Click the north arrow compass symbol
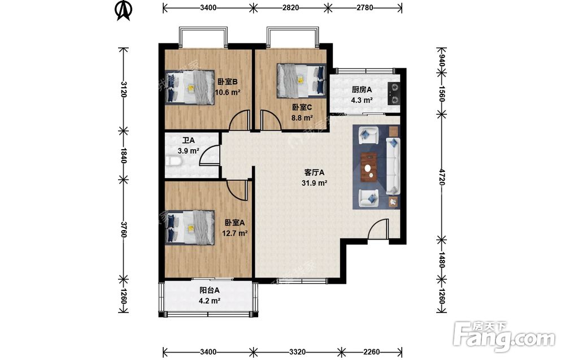124,11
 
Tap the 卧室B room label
227,82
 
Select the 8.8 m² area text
302,118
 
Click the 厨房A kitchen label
362,90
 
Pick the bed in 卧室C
301,81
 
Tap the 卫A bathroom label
188,140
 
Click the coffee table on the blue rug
369,167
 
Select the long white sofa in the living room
393,166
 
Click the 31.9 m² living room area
314,183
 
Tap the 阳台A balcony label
210,290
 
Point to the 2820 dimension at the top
290,7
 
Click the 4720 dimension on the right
442,176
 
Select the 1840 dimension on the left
124,155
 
